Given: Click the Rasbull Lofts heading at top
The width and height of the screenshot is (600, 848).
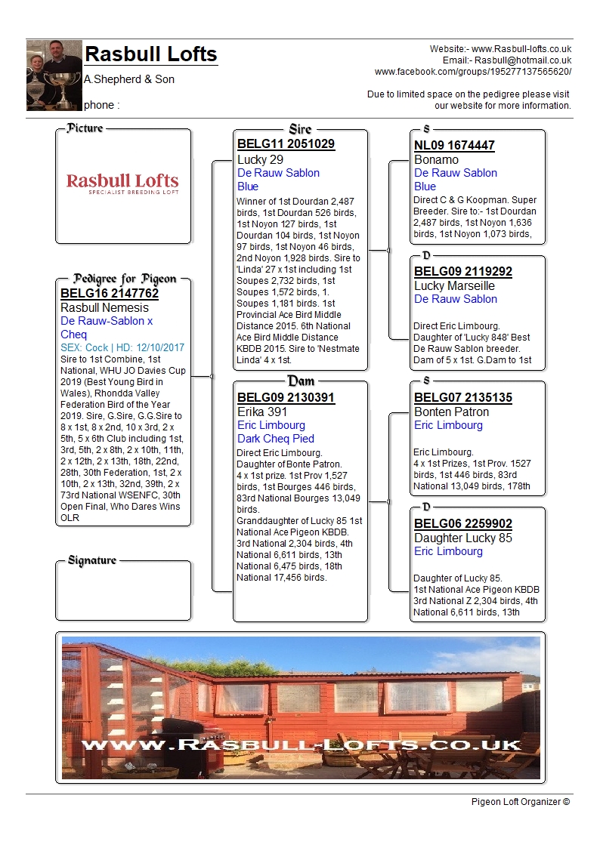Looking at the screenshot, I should (x=150, y=54).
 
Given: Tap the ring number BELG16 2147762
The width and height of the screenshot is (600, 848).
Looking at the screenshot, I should (x=110, y=293).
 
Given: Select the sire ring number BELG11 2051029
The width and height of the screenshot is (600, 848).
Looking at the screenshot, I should (x=286, y=143).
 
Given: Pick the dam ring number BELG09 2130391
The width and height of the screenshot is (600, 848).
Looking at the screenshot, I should (x=286, y=397).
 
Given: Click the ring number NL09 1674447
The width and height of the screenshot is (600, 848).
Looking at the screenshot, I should (x=454, y=146).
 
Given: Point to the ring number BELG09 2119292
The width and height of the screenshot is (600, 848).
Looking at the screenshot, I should (x=463, y=272).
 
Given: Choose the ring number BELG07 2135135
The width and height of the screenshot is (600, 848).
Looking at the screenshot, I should (x=463, y=397).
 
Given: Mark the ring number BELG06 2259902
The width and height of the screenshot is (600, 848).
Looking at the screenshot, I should (x=463, y=523).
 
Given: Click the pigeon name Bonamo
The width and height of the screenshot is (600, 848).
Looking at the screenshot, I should (x=436, y=160).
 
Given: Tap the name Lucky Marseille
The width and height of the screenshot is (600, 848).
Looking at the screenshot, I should (x=454, y=286).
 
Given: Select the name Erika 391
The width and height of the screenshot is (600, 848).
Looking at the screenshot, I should (x=262, y=412).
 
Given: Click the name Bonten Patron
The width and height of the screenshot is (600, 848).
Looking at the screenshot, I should (x=451, y=412).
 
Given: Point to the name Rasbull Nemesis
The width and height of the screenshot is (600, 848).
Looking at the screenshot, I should (x=104, y=308).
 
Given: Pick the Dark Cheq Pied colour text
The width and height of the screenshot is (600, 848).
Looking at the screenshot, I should (x=276, y=439).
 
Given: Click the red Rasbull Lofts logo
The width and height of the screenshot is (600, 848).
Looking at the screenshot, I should (x=122, y=183).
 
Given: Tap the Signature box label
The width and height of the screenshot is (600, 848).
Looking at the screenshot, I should (x=92, y=560).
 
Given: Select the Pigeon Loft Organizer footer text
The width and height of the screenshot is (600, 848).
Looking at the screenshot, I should (x=520, y=802).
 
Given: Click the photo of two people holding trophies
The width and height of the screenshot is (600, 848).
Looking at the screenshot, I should (x=54, y=75).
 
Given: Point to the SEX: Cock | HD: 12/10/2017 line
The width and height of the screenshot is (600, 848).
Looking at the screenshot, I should (x=122, y=348).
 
